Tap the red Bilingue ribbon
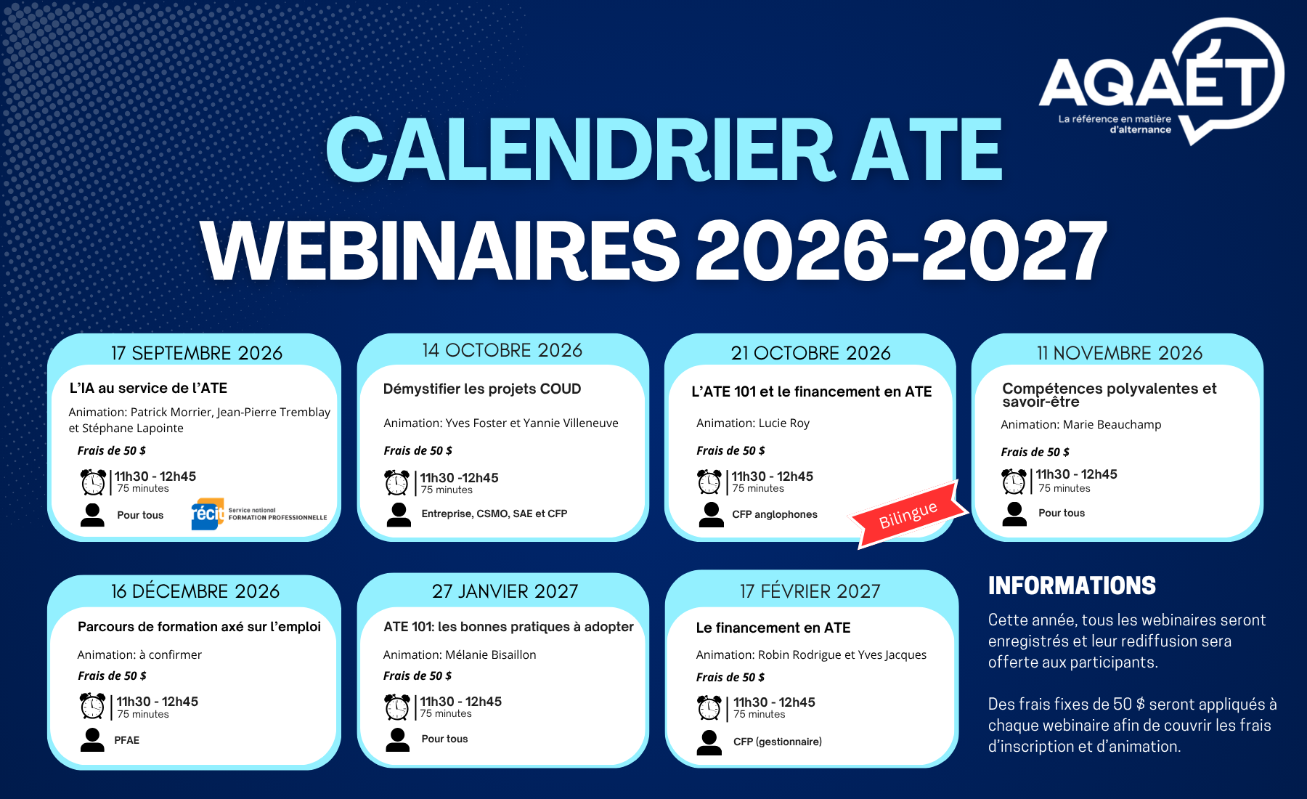(909, 514)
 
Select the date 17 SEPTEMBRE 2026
(197, 353)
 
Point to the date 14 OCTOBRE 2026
(502, 350)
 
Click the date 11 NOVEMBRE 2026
(1120, 353)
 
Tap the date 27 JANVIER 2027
(505, 591)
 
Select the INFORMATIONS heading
(1072, 585)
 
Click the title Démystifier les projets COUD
(482, 389)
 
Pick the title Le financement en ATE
(773, 628)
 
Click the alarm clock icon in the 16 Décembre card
(92, 705)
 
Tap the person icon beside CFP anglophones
(712, 514)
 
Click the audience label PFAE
(127, 740)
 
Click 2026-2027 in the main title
(901, 251)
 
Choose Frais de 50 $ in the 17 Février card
(730, 677)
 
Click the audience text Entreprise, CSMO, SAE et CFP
(494, 514)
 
